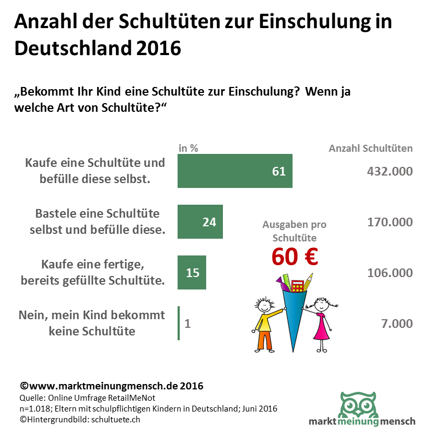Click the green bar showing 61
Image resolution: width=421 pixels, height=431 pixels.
point(235,171)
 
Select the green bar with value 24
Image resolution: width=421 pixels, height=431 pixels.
point(200,221)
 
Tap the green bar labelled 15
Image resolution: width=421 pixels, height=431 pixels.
point(192,272)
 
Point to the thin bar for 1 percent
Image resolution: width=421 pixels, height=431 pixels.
point(179,323)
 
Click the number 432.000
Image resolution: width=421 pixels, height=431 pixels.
point(389,171)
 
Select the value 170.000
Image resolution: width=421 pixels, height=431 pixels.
point(389,222)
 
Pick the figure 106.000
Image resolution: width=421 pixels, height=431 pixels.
point(389,273)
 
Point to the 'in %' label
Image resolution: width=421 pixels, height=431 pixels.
point(188,148)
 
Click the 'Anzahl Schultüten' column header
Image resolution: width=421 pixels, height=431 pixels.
point(371,148)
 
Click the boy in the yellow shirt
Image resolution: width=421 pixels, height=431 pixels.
point(264,324)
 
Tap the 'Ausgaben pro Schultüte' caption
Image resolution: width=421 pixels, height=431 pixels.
point(294,231)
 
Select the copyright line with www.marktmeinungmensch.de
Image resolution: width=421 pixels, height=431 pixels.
point(111,386)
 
